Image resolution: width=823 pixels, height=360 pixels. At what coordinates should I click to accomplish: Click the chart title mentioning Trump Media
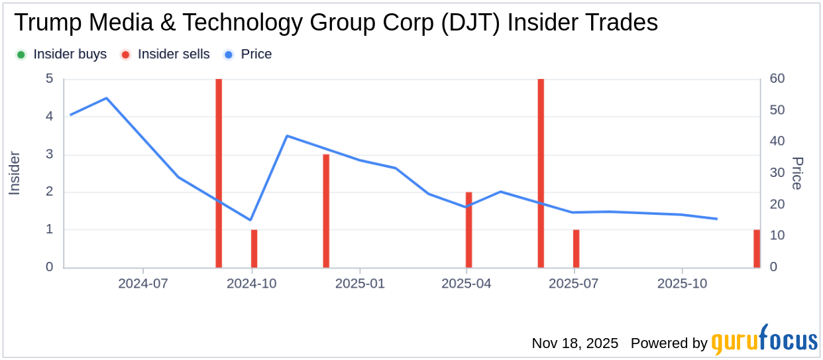click(x=335, y=23)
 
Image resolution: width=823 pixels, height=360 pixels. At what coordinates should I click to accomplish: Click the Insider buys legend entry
click(x=62, y=54)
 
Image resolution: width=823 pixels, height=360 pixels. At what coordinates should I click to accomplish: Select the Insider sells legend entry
click(x=166, y=54)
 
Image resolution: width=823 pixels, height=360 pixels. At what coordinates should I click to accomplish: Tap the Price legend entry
click(x=248, y=54)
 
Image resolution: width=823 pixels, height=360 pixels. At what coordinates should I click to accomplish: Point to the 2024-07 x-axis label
click(x=143, y=283)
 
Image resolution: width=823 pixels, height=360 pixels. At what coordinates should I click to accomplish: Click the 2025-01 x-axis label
click(x=359, y=283)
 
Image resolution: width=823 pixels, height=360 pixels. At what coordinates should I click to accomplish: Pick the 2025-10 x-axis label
click(x=683, y=283)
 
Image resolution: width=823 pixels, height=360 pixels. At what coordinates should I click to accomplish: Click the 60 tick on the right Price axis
click(x=777, y=79)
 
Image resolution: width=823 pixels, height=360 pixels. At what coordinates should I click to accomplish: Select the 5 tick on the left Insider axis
click(x=49, y=79)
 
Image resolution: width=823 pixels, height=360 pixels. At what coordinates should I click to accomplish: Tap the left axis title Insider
click(x=15, y=173)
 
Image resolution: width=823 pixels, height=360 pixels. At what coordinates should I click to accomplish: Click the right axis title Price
click(x=797, y=173)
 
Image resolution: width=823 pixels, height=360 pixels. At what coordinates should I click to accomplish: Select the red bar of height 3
click(x=326, y=211)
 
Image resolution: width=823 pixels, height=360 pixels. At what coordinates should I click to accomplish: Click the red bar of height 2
click(x=468, y=229)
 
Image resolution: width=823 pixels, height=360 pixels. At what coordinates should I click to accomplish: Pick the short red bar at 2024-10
click(x=254, y=249)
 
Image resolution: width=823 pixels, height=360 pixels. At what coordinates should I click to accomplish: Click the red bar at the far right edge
click(x=757, y=249)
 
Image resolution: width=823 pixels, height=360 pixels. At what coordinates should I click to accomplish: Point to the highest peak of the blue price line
click(x=107, y=98)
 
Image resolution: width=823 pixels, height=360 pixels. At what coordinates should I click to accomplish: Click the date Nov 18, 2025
click(x=575, y=343)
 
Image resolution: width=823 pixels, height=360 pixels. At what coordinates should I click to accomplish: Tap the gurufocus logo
click(x=765, y=342)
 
